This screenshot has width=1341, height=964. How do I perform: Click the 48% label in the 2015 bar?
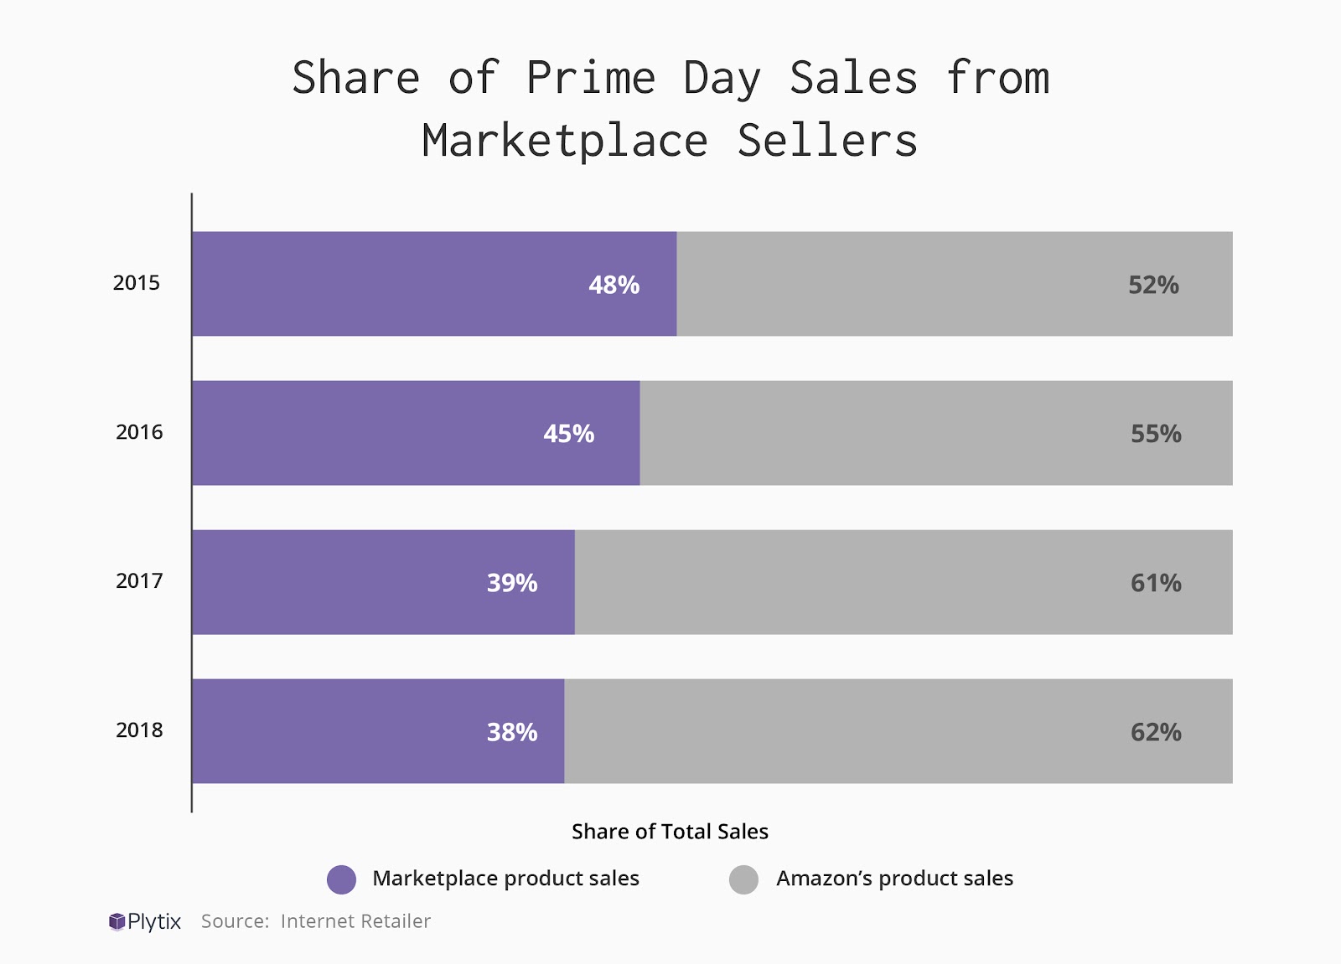click(614, 285)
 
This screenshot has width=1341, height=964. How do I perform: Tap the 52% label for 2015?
click(1153, 285)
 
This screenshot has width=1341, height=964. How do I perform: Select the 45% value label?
click(568, 434)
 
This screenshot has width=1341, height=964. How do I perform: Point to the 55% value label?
click(1156, 434)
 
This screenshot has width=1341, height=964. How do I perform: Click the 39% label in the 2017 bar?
click(512, 583)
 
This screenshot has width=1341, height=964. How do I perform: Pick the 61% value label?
click(1156, 583)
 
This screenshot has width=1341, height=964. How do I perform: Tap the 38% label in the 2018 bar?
click(512, 732)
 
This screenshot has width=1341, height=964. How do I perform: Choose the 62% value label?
click(1156, 732)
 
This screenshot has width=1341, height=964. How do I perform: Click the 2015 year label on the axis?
click(137, 283)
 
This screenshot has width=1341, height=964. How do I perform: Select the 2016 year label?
click(139, 432)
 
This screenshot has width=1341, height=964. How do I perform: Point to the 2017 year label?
click(139, 581)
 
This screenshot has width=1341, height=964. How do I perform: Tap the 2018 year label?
click(139, 730)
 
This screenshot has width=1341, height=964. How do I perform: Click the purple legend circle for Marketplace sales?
click(342, 879)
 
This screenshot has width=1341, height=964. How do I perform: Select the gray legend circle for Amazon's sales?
click(743, 879)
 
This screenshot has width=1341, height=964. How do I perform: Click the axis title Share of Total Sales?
click(670, 832)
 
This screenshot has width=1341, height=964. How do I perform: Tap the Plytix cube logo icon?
click(116, 922)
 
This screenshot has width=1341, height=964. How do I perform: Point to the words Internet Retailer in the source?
click(355, 921)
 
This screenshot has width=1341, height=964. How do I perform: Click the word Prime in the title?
click(591, 79)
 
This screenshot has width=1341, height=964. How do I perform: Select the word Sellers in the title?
click(827, 141)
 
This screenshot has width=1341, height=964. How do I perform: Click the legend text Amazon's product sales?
click(894, 879)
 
